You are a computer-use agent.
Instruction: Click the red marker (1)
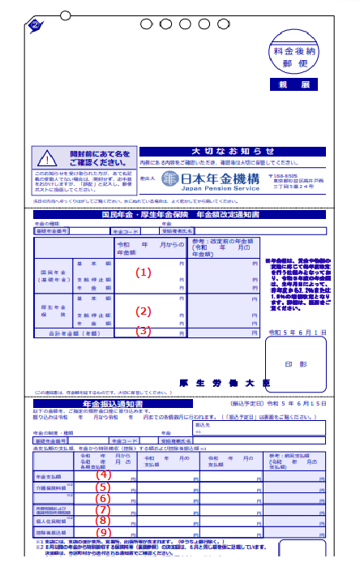pos(144,273)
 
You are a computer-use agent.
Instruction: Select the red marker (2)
pos(144,311)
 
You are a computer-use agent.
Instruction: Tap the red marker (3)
pos(144,331)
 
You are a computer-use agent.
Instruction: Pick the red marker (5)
pos(102,487)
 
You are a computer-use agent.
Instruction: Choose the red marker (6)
pos(102,498)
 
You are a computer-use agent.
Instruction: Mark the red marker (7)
pos(102,510)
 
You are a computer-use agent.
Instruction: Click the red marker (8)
pos(102,522)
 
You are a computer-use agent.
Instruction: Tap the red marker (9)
pos(102,533)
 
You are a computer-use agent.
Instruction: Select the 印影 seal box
pos(296,364)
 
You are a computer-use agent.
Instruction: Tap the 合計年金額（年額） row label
pos(74,332)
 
